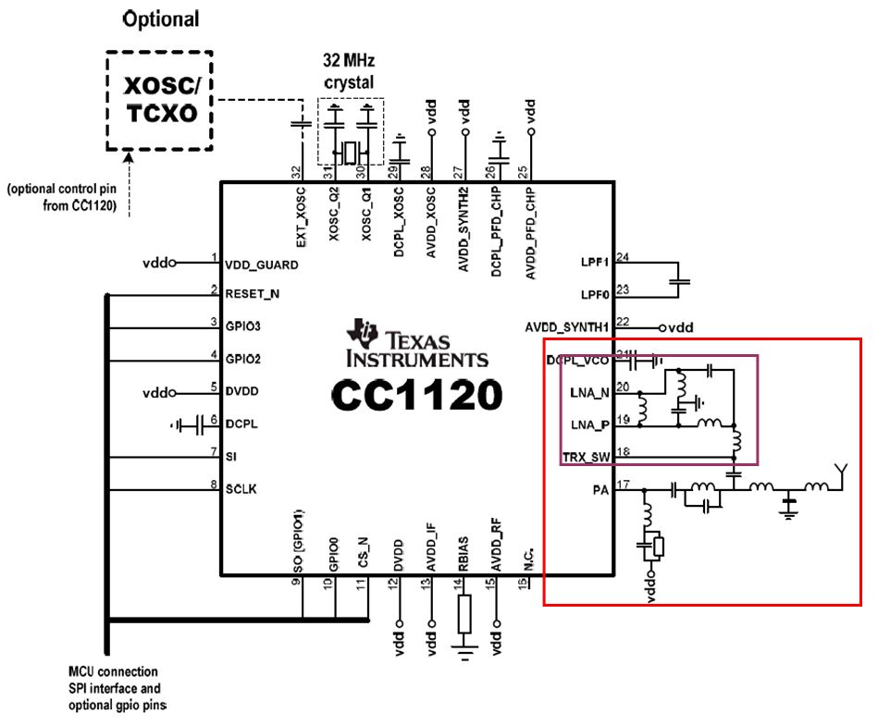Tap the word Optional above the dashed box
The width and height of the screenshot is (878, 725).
click(161, 18)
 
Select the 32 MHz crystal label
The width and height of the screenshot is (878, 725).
click(348, 72)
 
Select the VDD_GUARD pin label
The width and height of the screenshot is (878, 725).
click(262, 264)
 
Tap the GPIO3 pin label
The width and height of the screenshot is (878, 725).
click(244, 326)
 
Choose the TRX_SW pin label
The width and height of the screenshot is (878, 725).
click(587, 456)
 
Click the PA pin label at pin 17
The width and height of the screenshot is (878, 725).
click(600, 489)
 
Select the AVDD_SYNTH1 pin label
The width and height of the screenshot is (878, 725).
click(567, 327)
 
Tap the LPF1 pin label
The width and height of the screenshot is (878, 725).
click(597, 264)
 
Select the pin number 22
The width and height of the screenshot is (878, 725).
click(623, 321)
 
